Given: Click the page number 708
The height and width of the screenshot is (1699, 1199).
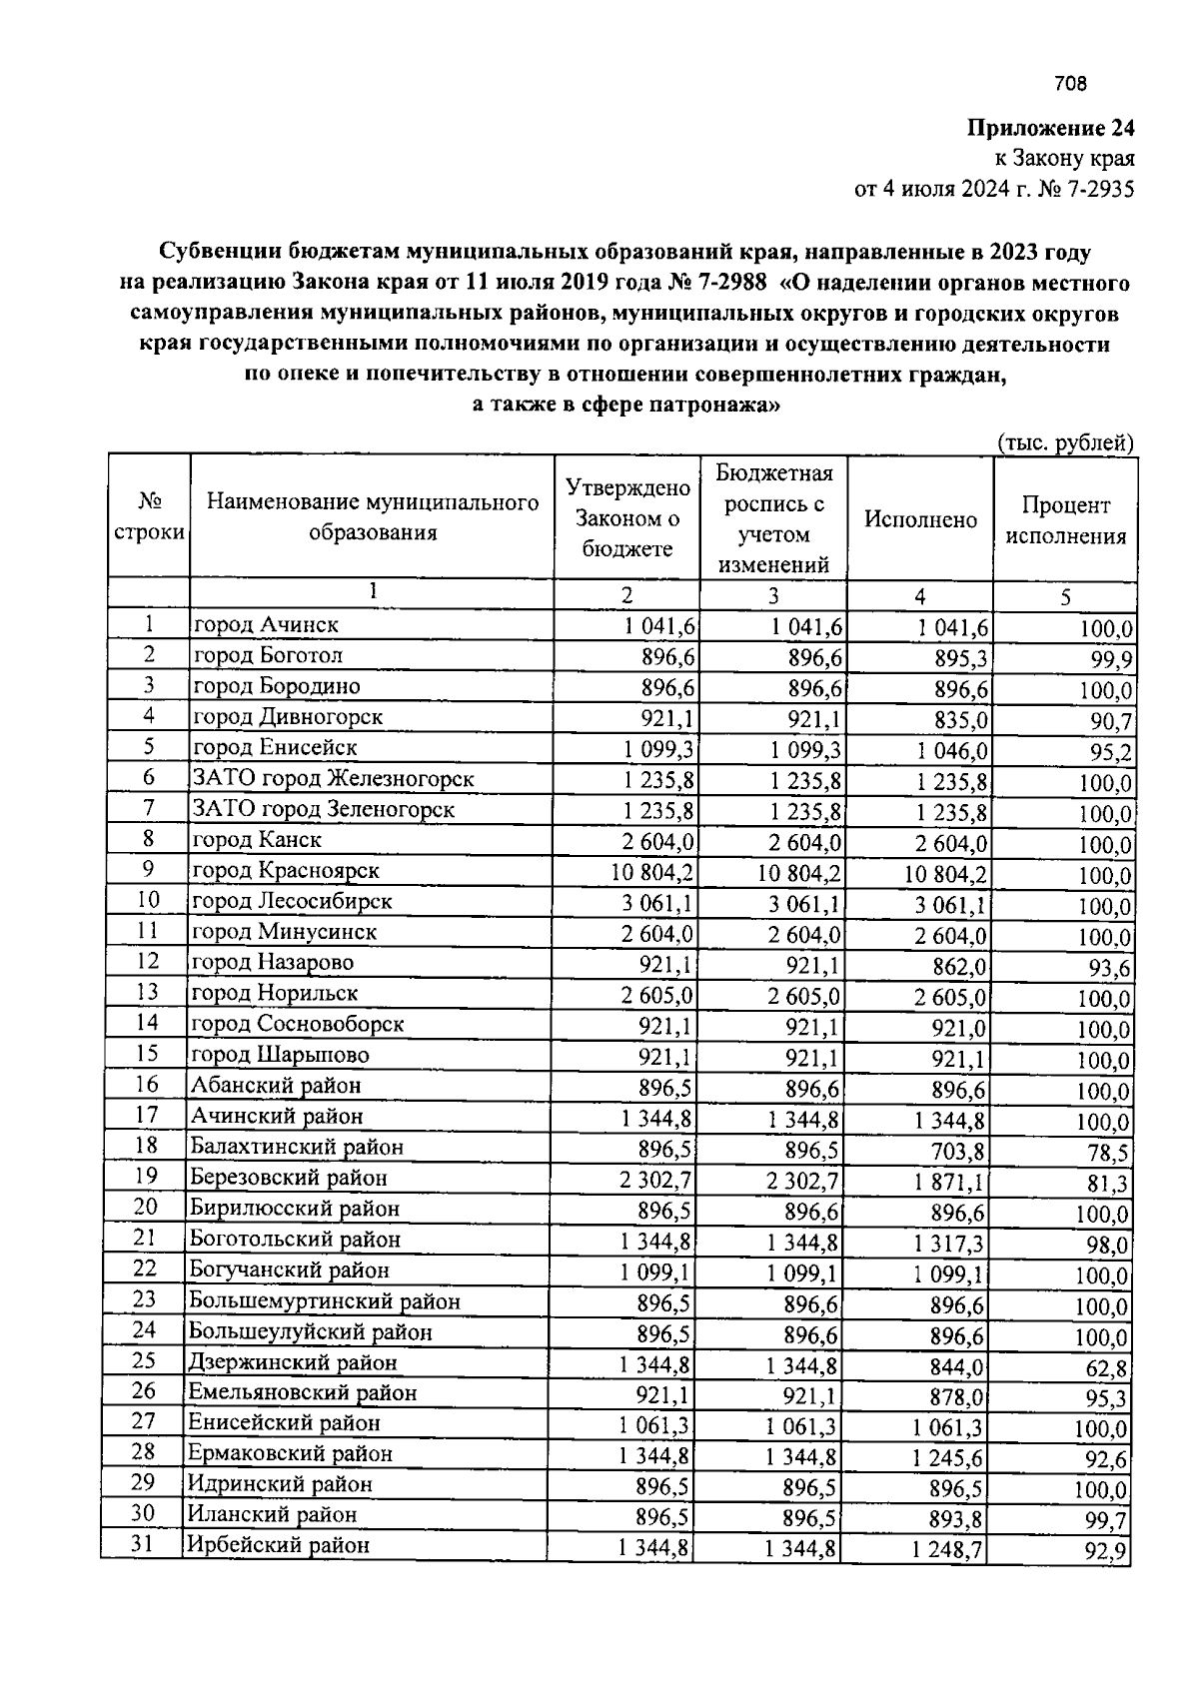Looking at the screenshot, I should (1070, 85).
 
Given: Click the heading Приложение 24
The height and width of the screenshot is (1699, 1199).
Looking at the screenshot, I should (1050, 129).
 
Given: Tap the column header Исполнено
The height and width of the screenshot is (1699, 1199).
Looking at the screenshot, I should (920, 519).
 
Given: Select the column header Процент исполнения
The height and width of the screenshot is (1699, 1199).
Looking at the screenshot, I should (1065, 520).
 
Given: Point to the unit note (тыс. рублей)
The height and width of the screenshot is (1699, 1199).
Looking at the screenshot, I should (1065, 442).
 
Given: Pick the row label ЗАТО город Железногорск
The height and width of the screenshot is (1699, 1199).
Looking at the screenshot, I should (333, 778).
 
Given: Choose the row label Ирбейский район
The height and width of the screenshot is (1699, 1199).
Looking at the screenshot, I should (279, 1545).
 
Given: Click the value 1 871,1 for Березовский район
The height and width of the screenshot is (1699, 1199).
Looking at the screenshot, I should (948, 1184).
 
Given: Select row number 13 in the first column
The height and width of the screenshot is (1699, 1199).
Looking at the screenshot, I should (148, 993).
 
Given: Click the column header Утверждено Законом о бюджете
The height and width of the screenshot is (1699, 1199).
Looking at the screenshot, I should (627, 517).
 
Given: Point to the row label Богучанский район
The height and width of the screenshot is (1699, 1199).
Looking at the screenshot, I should (289, 1271).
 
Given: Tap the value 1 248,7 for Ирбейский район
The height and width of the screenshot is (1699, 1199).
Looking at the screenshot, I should (947, 1550).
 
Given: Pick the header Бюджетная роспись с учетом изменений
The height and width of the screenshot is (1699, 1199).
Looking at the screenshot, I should (773, 517).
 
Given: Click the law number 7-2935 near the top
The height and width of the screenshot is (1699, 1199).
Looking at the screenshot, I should (1100, 188).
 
